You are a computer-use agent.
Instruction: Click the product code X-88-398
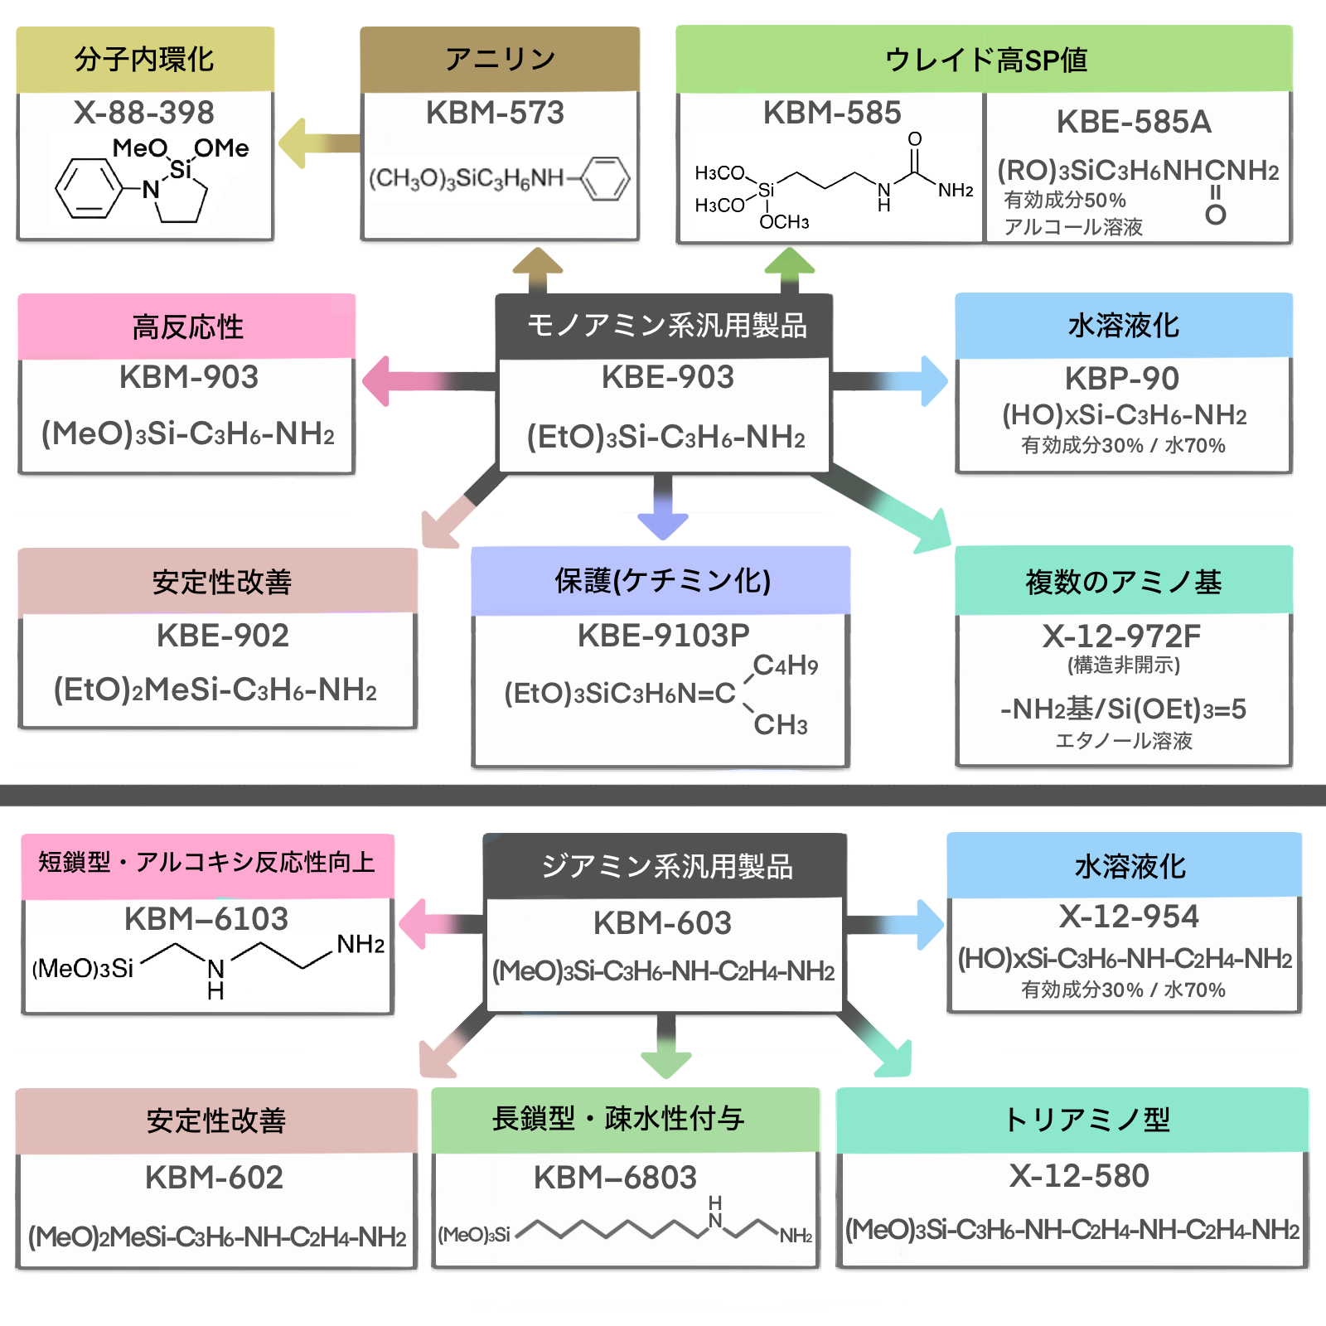point(144,113)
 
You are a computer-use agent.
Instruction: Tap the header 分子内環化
point(145,60)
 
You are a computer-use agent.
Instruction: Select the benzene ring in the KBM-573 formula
point(605,178)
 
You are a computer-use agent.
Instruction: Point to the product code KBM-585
point(832,113)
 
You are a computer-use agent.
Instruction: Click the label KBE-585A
point(1134,123)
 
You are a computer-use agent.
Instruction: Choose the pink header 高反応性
point(187,327)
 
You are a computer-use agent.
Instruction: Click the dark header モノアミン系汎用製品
point(666,326)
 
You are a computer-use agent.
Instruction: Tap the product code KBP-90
point(1122,379)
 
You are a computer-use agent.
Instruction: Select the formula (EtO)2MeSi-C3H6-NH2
point(215,690)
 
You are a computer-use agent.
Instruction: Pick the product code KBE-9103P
point(663,636)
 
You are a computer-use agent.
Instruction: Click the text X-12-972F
point(1122,636)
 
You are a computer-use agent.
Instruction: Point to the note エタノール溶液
point(1124,741)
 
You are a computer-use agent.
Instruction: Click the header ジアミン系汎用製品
point(666,867)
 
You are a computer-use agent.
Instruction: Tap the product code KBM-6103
point(206,919)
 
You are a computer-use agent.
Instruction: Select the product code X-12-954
point(1129,917)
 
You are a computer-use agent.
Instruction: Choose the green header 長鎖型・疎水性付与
point(618,1119)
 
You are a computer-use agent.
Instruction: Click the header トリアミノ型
point(1086,1120)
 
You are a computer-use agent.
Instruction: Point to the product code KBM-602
point(214,1178)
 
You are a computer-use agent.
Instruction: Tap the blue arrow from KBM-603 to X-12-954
point(899,924)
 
